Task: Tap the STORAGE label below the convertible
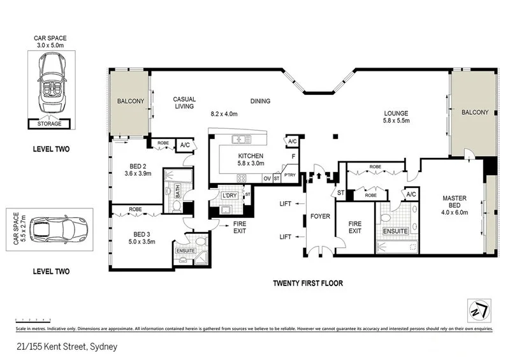pos(50,124)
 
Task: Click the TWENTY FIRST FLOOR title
pos(308,284)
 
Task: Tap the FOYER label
pos(320,216)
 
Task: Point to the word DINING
pos(260,101)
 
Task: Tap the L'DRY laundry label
pos(229,195)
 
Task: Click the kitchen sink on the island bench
pos(241,139)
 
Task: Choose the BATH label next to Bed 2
pos(178,188)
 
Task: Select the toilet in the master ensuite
pos(386,217)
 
